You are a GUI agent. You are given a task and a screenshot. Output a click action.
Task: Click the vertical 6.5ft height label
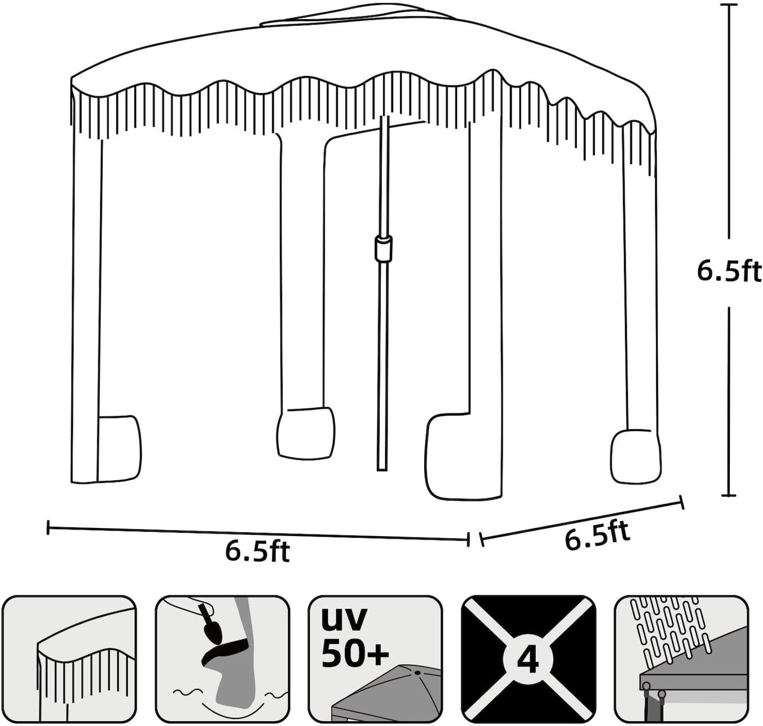pyautogui.click(x=729, y=272)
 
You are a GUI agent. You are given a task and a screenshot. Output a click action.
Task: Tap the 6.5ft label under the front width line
pyautogui.click(x=257, y=551)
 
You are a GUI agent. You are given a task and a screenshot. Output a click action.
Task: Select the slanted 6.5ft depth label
pyautogui.click(x=597, y=534)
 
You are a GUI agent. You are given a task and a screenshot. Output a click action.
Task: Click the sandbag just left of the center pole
pyautogui.click(x=305, y=433)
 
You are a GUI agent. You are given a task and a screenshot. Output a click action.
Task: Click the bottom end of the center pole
pyautogui.click(x=382, y=468)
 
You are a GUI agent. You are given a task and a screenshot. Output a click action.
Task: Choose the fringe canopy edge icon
pyautogui.click(x=69, y=659)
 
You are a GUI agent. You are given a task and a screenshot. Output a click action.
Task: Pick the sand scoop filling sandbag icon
pyautogui.click(x=222, y=659)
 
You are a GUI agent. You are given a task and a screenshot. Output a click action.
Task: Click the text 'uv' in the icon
pyautogui.click(x=344, y=618)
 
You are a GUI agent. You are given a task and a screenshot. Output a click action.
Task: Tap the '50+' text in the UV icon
pyautogui.click(x=355, y=653)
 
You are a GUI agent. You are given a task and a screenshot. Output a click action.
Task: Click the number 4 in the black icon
pyautogui.click(x=528, y=659)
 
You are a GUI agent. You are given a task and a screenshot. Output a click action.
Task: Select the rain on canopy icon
pyautogui.click(x=681, y=659)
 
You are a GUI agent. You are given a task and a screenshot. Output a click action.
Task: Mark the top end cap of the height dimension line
pyautogui.click(x=728, y=5)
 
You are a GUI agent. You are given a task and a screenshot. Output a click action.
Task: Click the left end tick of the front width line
pyautogui.click(x=49, y=527)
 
